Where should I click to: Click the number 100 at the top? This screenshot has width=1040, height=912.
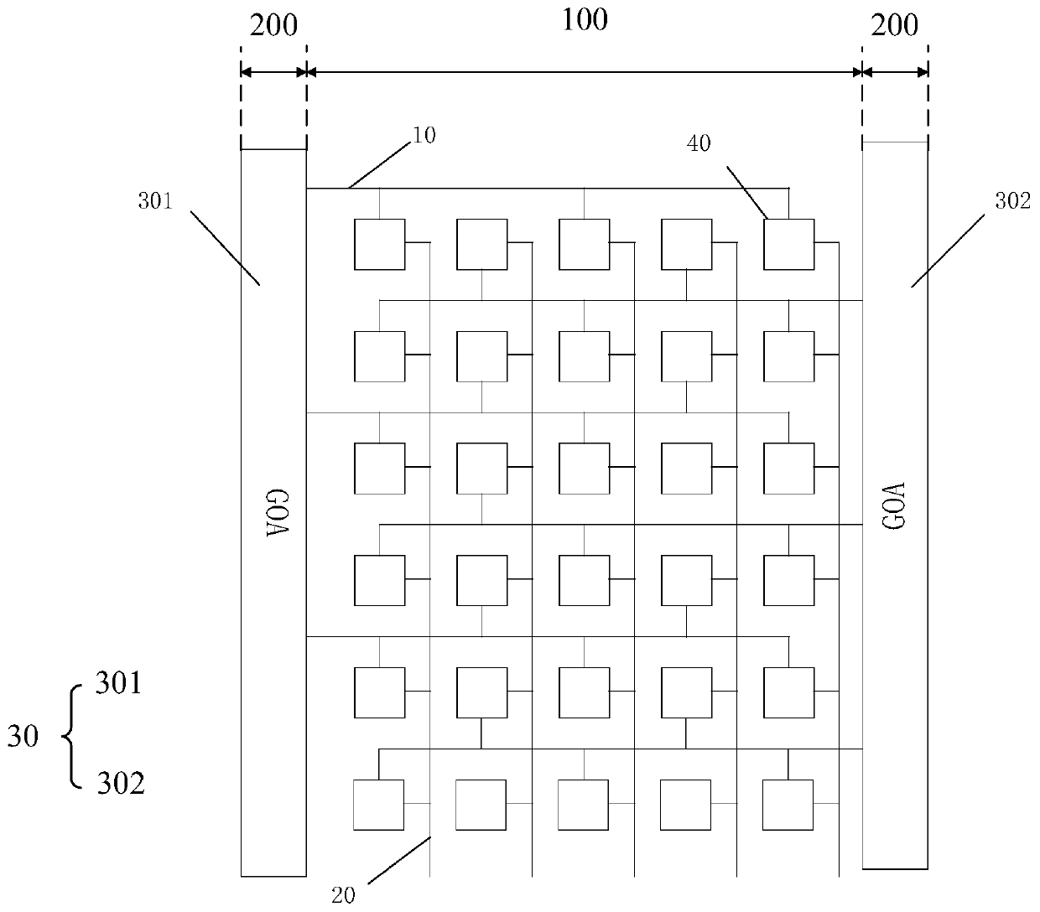585,20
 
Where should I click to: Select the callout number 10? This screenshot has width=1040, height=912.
424,135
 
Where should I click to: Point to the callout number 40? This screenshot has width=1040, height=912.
699,143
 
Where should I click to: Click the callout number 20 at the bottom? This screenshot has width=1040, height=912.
343,895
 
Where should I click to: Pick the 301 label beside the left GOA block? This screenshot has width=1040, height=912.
156,201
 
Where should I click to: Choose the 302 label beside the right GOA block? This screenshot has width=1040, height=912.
1013,201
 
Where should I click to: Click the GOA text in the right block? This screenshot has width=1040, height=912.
895,506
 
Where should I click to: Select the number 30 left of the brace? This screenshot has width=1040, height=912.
23,737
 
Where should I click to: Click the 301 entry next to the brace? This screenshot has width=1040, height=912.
118,684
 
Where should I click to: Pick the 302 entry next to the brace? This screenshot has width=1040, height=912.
121,783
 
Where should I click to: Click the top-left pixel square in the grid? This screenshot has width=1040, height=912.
380,245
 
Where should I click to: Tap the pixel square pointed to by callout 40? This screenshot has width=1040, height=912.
788,245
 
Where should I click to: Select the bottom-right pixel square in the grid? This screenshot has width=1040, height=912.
788,805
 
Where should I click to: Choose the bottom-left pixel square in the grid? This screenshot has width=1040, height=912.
379,805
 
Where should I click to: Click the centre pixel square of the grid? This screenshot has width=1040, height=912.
584,468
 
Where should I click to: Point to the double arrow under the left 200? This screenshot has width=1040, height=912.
273,72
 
